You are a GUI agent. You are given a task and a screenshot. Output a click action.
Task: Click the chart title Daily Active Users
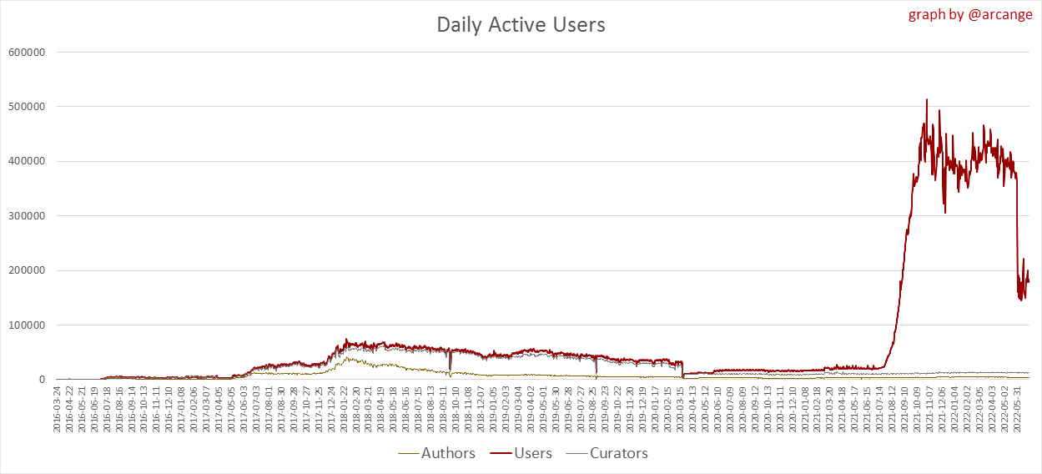pos(521,25)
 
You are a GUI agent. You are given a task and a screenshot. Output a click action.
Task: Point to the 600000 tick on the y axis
pos(25,52)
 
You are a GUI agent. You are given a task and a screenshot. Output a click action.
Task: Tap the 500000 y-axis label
pos(25,107)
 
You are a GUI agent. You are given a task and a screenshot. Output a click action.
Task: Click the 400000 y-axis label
pos(25,161)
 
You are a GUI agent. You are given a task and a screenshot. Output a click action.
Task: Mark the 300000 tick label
pos(25,216)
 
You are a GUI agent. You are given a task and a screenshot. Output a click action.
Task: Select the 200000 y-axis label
pos(25,270)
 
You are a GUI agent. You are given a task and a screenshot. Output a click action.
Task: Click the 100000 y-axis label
pos(25,325)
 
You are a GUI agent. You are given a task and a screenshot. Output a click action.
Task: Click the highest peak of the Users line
pos(927,100)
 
